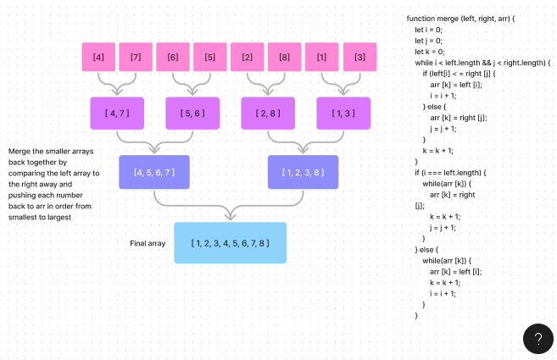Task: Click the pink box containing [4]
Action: tap(98, 57)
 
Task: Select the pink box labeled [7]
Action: tap(136, 57)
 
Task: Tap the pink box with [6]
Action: tap(173, 57)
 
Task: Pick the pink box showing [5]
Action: tap(210, 57)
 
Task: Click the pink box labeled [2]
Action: tap(248, 57)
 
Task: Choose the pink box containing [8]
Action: tap(285, 57)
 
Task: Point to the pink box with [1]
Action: tap(322, 57)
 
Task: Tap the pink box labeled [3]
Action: tap(359, 57)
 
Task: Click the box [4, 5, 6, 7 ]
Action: tap(153, 172)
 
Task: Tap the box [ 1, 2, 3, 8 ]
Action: tap(303, 172)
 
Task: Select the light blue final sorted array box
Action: tap(230, 243)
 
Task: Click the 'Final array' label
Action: tap(148, 243)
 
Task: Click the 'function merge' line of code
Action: tap(460, 19)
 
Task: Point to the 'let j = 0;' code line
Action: tap(428, 41)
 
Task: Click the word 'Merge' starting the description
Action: tap(19, 151)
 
